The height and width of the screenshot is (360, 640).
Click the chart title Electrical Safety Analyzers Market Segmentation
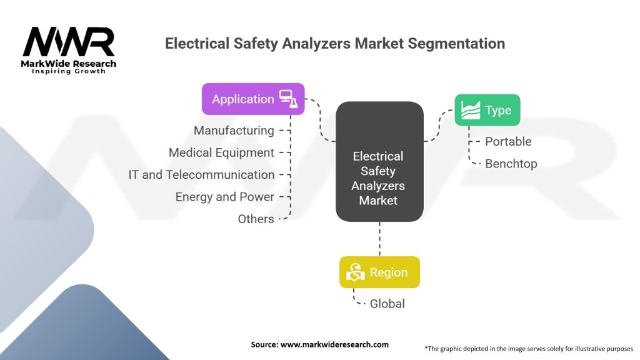(334, 44)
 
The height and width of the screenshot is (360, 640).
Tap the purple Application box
(253, 99)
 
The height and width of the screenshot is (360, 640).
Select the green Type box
(487, 110)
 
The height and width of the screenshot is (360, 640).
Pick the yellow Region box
(379, 272)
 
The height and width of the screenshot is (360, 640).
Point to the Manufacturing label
(234, 131)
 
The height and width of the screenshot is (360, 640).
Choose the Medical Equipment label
(221, 152)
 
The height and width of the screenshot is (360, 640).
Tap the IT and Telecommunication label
(201, 175)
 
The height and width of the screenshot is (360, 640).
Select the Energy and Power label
(224, 197)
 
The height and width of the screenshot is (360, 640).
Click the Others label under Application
(256, 219)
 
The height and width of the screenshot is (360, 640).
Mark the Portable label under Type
(508, 141)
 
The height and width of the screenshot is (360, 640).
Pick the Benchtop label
(511, 164)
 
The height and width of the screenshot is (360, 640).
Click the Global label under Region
(387, 304)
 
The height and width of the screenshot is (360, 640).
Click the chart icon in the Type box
(470, 110)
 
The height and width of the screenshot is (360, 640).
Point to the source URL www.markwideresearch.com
(319, 344)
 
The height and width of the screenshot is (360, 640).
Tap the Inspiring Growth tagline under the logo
(69, 71)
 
